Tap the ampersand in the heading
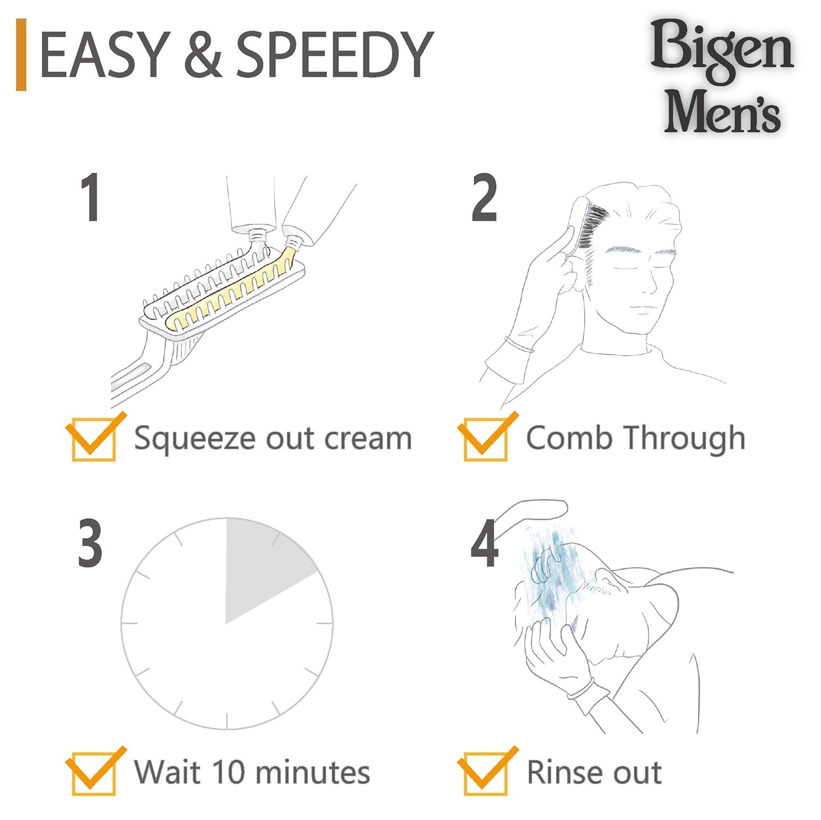coord(201,54)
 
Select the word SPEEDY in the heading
coord(334,54)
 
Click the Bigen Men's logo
coord(722,76)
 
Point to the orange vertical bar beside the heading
coord(21,54)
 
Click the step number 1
coord(90,198)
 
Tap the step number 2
coord(484,198)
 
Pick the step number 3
coord(90,543)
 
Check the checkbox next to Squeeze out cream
coord(94,439)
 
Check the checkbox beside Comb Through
coord(485,439)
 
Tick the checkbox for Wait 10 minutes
coord(94,773)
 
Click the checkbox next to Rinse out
coord(485,773)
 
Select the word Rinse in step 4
coord(564,772)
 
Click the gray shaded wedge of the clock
coord(263,569)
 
